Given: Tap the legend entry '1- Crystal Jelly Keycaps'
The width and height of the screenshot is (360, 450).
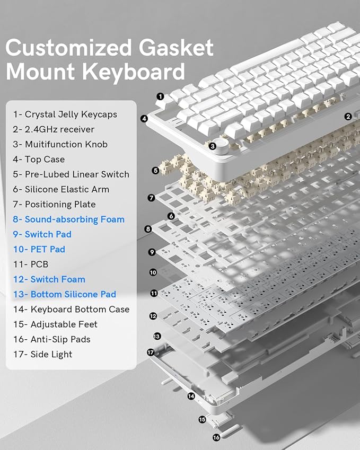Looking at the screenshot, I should [x=65, y=114].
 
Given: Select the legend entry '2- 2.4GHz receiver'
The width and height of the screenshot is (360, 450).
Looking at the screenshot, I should [x=54, y=129].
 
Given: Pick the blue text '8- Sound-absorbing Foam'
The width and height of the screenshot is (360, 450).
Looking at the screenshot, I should [x=69, y=219].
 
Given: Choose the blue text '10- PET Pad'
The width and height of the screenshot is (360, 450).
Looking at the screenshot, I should [x=39, y=249].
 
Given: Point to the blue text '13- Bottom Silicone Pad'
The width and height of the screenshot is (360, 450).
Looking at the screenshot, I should [x=65, y=294].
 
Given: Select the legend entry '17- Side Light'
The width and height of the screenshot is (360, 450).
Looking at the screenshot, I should [x=43, y=354].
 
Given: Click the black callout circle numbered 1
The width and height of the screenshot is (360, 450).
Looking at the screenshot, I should [x=160, y=96].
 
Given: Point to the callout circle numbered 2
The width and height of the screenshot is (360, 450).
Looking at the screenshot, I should [x=348, y=117].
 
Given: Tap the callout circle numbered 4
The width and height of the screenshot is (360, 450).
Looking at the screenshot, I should [x=144, y=119].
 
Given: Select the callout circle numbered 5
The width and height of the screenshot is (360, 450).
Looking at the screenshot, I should [x=155, y=170].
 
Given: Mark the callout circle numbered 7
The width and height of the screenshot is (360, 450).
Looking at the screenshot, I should [x=151, y=198].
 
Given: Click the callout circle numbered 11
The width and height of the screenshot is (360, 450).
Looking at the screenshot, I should [x=154, y=293].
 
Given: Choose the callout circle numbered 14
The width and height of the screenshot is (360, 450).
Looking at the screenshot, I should [x=191, y=395].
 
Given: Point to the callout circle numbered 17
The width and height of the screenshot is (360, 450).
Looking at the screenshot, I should [x=151, y=352].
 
